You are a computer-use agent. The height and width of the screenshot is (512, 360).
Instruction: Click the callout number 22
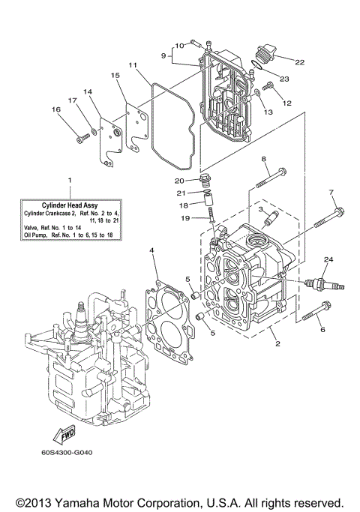[300, 62]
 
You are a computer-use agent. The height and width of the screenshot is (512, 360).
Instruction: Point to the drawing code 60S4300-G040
[73, 452]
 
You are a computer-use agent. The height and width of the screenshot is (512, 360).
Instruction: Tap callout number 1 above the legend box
[70, 181]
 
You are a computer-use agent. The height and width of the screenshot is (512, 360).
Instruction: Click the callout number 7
[331, 193]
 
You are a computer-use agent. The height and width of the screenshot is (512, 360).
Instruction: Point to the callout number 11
[133, 66]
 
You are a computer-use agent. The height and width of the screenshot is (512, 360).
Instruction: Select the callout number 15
[115, 76]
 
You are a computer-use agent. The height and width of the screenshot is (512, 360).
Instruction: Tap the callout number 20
[179, 181]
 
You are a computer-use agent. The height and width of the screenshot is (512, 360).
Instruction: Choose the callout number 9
[163, 55]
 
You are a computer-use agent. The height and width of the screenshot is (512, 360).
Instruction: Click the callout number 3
[261, 211]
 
